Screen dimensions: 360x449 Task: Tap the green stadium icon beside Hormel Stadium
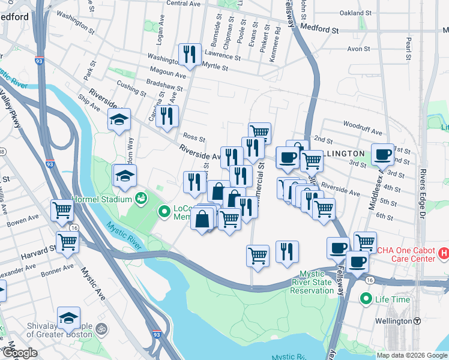[142, 197]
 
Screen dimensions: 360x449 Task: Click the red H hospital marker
[444, 254]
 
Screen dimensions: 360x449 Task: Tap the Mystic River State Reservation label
[312, 282]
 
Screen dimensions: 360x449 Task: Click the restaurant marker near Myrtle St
[190, 55]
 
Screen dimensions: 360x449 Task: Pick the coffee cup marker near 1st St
[382, 154]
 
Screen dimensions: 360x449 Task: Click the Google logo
[20, 353]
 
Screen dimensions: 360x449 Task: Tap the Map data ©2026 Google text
[411, 355]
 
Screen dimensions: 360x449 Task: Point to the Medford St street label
[319, 28]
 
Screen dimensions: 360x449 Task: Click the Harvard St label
[38, 256]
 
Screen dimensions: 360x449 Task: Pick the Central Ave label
[182, 4]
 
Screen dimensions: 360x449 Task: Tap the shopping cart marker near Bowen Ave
[62, 210]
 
